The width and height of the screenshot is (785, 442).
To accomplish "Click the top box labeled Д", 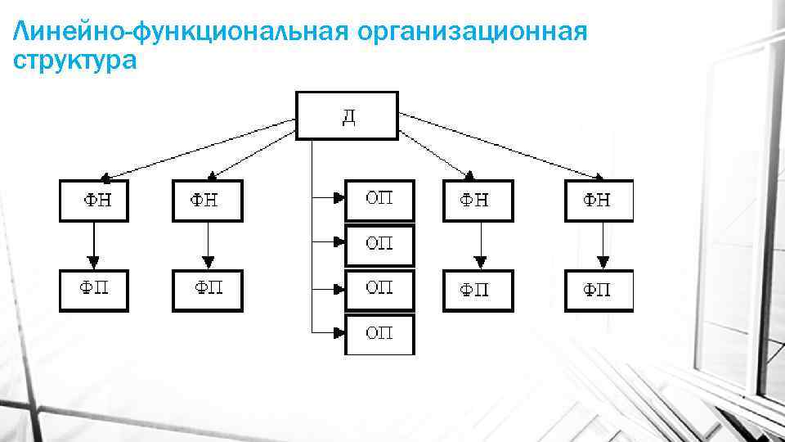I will coord(347,115).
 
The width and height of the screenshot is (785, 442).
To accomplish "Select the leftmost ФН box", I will coord(94,201).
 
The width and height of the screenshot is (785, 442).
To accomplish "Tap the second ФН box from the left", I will coord(208,201).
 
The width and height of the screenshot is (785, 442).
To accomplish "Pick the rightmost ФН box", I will coord(599,201).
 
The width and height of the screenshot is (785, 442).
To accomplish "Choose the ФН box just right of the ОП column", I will coord(478,201).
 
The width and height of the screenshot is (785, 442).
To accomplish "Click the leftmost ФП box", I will coord(94,290).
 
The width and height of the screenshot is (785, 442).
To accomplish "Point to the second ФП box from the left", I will coord(208,290).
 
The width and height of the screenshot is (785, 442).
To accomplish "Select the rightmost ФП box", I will coord(599,290).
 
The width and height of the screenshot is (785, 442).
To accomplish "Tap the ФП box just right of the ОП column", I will coord(478,290).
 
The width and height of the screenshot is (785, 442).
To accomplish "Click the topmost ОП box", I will coord(379,200).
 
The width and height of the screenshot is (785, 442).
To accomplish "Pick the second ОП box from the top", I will coord(379,245).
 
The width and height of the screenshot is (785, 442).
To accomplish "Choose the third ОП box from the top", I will coord(379,289).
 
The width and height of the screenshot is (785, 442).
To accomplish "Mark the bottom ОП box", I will coord(379,333).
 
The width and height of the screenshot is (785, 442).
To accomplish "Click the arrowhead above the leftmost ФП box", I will coord(94,263).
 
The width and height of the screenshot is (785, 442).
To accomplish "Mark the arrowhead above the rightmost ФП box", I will coord(603,263).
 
